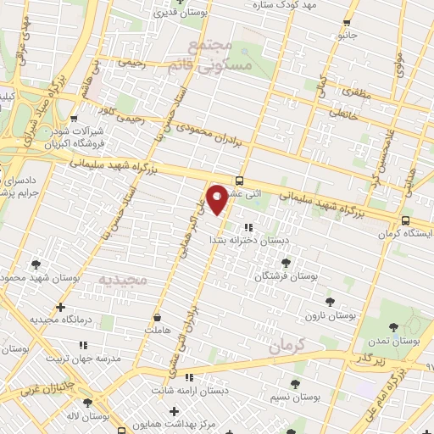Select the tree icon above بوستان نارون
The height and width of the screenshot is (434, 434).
coord(329,301)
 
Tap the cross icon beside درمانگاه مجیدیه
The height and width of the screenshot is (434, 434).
coord(59,307)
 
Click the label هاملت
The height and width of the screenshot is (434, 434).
coord(159,328)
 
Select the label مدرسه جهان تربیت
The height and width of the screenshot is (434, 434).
coord(85,359)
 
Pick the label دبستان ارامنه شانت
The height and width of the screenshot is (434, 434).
coord(191,391)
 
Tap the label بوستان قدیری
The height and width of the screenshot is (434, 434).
coord(179,14)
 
